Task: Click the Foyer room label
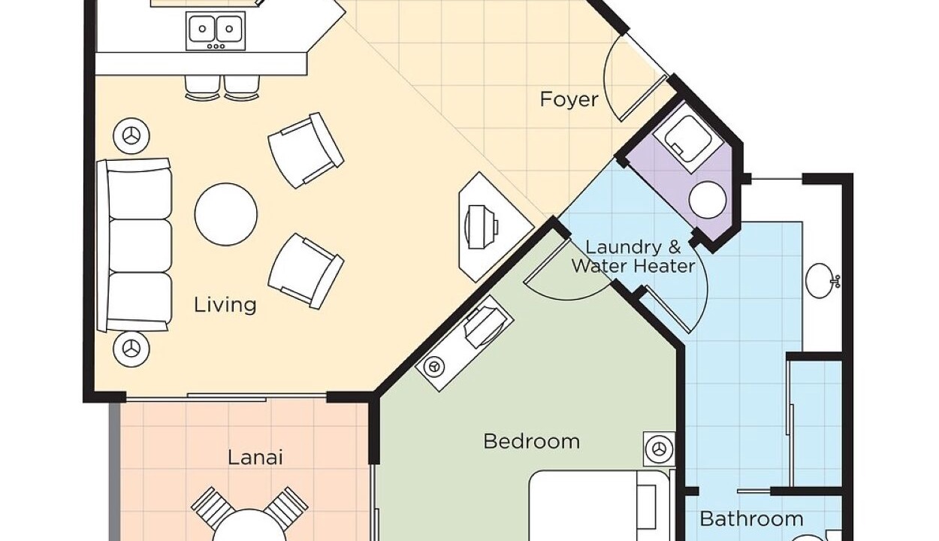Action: click(x=569, y=100)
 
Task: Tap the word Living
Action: click(x=225, y=305)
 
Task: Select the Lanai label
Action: click(x=255, y=457)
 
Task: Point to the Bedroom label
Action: click(x=532, y=441)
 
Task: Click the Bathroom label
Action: click(x=752, y=519)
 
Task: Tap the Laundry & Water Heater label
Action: click(x=633, y=257)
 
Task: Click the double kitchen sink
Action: click(x=216, y=32)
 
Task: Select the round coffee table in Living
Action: click(x=226, y=214)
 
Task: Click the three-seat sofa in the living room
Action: click(x=134, y=246)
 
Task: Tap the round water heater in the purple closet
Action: click(x=708, y=200)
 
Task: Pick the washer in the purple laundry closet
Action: click(x=687, y=139)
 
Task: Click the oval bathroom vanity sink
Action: click(x=820, y=280)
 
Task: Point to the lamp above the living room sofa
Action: click(x=131, y=136)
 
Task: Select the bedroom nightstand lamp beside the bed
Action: click(x=660, y=449)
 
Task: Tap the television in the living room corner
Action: click(x=482, y=227)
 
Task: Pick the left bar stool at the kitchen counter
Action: click(x=202, y=88)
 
